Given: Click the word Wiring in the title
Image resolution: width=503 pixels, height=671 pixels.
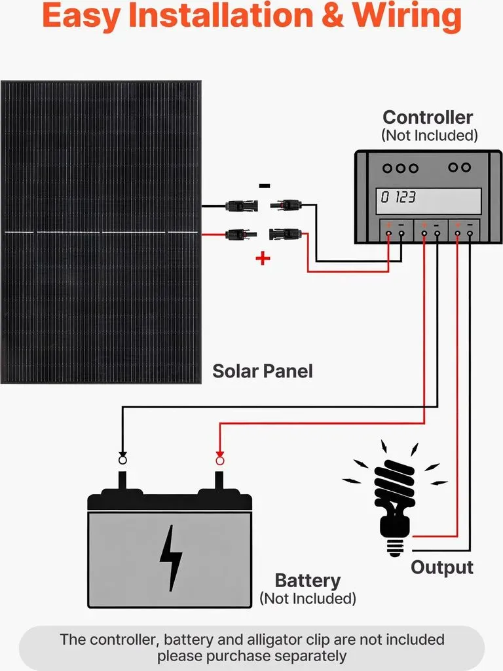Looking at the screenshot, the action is point(407,16).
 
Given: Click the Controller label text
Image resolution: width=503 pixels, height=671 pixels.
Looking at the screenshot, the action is point(427,117).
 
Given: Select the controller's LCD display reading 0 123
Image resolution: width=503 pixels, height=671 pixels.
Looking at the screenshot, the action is point(428,201).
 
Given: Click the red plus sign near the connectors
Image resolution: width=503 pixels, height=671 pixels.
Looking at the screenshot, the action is point(263,258).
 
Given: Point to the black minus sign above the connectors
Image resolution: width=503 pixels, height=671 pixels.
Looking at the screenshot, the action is point(265,185).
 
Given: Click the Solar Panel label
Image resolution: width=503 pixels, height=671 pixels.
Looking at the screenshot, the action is point(262,371).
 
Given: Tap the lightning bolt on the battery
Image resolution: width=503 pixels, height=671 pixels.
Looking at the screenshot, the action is point(171,558).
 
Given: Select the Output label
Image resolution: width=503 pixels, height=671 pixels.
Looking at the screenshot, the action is point(442,567).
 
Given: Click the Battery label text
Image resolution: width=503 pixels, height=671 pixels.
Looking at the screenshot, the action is point(308,581).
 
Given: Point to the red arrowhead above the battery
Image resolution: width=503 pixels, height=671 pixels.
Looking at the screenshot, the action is point(220,454).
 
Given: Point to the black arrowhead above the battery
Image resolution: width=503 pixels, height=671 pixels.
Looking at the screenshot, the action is point(122,454).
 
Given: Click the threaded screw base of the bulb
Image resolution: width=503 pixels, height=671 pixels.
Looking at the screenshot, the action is point(395,547).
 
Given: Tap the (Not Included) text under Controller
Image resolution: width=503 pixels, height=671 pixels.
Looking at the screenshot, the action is point(430,135).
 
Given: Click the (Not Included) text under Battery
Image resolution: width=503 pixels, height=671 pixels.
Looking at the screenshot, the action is point(308,598).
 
